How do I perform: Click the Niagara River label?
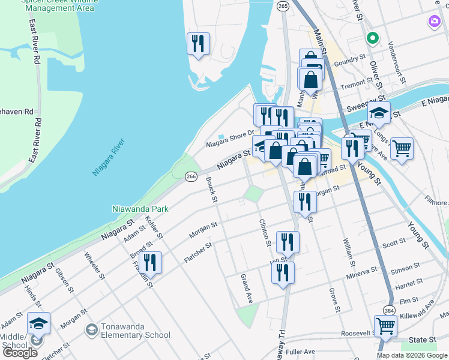tap(108, 157)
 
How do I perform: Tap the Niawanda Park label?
tap(140, 209)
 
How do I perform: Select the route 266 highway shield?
tap(191, 176)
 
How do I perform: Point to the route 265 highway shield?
tap(283, 5)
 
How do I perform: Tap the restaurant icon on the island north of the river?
tap(197, 43)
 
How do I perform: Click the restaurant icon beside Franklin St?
tap(150, 262)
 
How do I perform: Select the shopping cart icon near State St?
tap(385, 326)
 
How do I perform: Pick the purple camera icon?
tap(434, 22)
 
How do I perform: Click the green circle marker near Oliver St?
tap(372, 38)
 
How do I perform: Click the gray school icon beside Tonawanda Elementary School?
tap(91, 329)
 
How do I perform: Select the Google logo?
tap(20, 352)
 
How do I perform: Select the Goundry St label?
tap(350, 60)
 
